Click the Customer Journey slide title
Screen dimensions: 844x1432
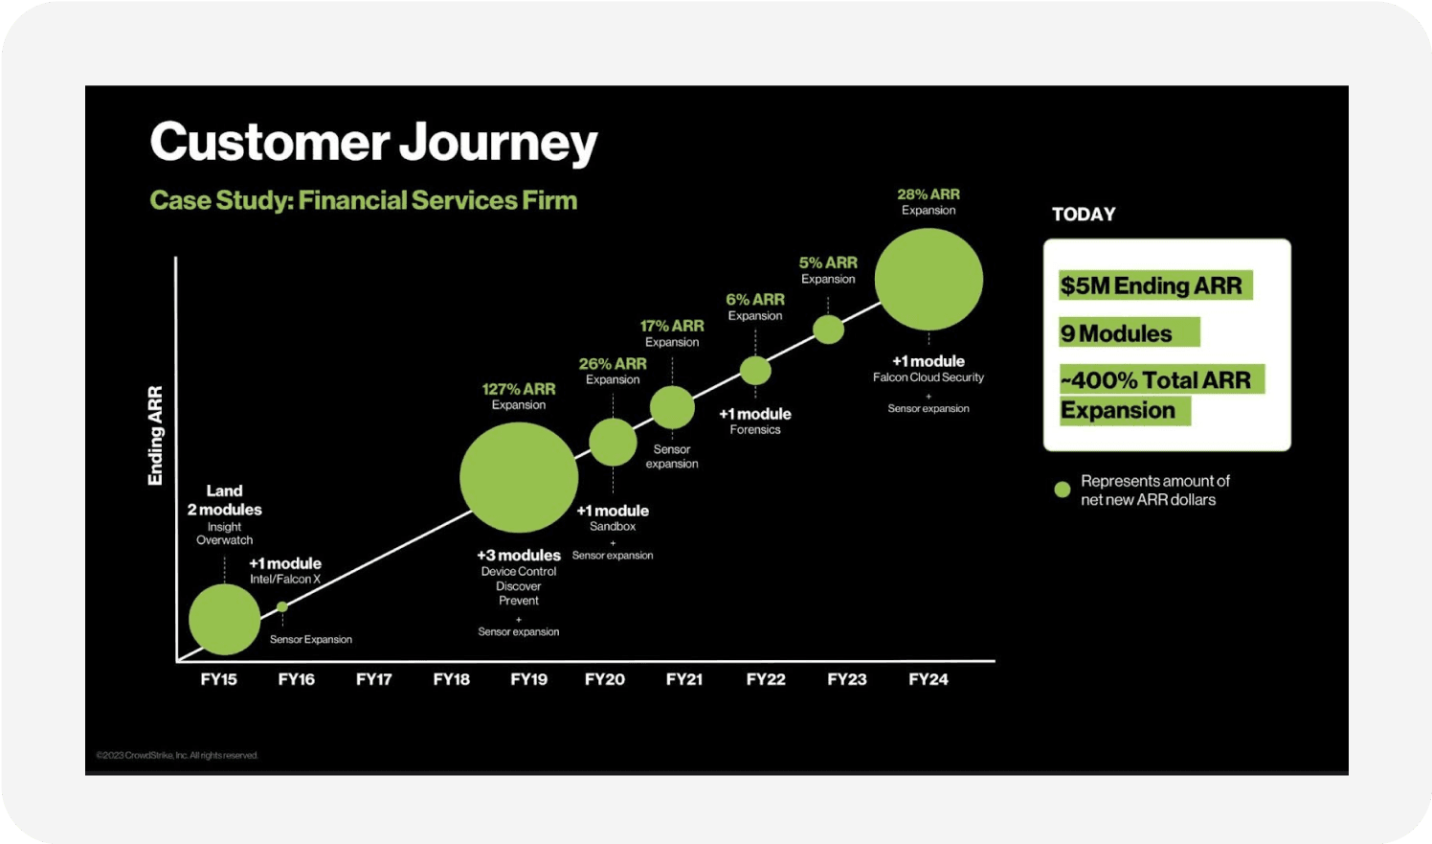pyautogui.click(x=373, y=143)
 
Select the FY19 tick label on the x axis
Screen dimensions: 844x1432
pyautogui.click(x=528, y=679)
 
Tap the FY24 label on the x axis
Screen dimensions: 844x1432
pyautogui.click(x=928, y=679)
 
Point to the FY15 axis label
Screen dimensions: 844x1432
pyautogui.click(x=218, y=679)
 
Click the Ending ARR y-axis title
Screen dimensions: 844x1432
pyautogui.click(x=155, y=435)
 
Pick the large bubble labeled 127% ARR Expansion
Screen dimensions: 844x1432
pyautogui.click(x=519, y=477)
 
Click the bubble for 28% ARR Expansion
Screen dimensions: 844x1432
pyautogui.click(x=929, y=280)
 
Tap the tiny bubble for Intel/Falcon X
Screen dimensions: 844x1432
pyautogui.click(x=282, y=606)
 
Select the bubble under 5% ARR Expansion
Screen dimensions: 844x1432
pyautogui.click(x=828, y=330)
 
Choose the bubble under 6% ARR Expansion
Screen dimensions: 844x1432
pyautogui.click(x=755, y=370)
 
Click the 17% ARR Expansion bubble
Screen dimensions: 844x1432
pyautogui.click(x=672, y=407)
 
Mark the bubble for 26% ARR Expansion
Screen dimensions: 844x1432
pyautogui.click(x=613, y=442)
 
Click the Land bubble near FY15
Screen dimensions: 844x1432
pyautogui.click(x=225, y=619)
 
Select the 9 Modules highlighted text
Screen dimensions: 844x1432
pyautogui.click(x=1117, y=333)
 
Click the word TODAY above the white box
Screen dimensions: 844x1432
pyautogui.click(x=1084, y=214)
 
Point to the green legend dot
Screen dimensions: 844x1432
pyautogui.click(x=1062, y=490)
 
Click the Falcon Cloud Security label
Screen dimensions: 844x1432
pyautogui.click(x=928, y=377)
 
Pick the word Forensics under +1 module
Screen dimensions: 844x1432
pyautogui.click(x=755, y=430)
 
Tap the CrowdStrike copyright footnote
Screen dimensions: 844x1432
pyautogui.click(x=178, y=755)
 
